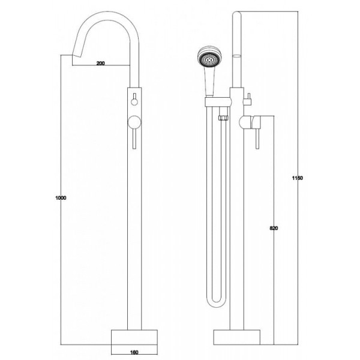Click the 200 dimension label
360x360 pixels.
coord(101,63)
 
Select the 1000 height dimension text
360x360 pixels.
coord(61,197)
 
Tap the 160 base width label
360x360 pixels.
coord(134,352)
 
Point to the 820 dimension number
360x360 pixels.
coord(274,228)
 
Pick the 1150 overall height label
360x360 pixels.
coord(298,178)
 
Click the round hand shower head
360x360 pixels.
coord(209,58)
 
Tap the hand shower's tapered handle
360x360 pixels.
coord(209,82)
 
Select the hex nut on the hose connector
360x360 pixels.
coord(224,118)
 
